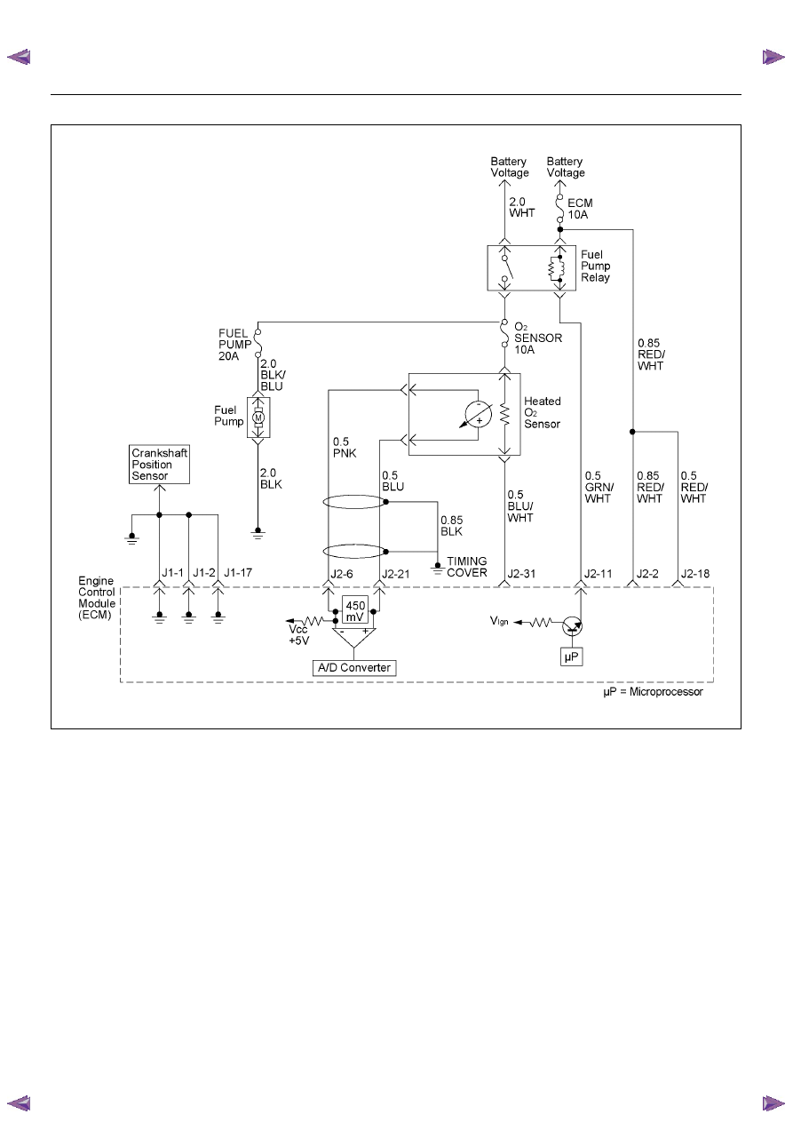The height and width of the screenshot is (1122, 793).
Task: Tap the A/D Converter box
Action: click(354, 668)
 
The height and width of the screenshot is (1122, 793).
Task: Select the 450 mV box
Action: click(355, 609)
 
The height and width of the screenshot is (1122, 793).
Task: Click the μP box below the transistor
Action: click(571, 656)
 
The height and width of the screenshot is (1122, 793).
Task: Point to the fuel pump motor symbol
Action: click(258, 418)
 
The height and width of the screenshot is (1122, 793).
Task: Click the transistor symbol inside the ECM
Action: click(572, 625)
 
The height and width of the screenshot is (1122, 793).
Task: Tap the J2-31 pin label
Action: click(521, 574)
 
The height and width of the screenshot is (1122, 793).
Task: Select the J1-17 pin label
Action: click(238, 572)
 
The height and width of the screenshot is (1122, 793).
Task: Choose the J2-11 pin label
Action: click(598, 574)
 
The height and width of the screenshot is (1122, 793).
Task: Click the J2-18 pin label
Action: click(695, 574)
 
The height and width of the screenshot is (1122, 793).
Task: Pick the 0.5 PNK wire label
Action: click(345, 448)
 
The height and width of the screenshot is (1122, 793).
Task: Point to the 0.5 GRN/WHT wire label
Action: click(599, 487)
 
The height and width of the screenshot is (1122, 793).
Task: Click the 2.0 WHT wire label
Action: click(521, 207)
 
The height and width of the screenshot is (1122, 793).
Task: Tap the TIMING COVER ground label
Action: click(466, 567)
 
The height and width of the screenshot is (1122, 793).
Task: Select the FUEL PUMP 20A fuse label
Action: click(234, 345)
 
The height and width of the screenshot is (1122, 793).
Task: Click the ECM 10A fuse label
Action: click(580, 209)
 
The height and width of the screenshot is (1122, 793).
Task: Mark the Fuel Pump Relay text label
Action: click(595, 266)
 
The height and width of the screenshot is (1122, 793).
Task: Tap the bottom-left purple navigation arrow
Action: click(19, 1103)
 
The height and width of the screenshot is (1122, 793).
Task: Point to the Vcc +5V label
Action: click(299, 635)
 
